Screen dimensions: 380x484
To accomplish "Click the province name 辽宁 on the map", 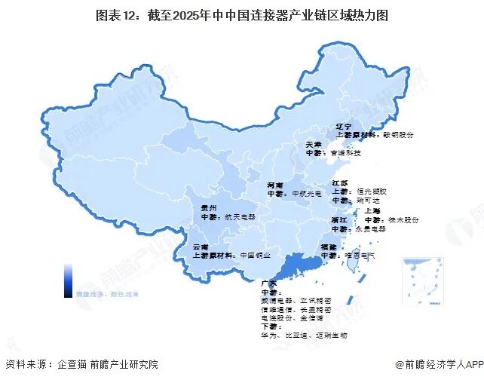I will [344, 127].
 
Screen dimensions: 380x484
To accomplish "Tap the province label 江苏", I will [340, 183].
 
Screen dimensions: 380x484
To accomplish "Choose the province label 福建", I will [329, 246].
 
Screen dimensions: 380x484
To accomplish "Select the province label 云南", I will [201, 247].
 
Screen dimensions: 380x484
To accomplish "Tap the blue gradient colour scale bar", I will [68, 277].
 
